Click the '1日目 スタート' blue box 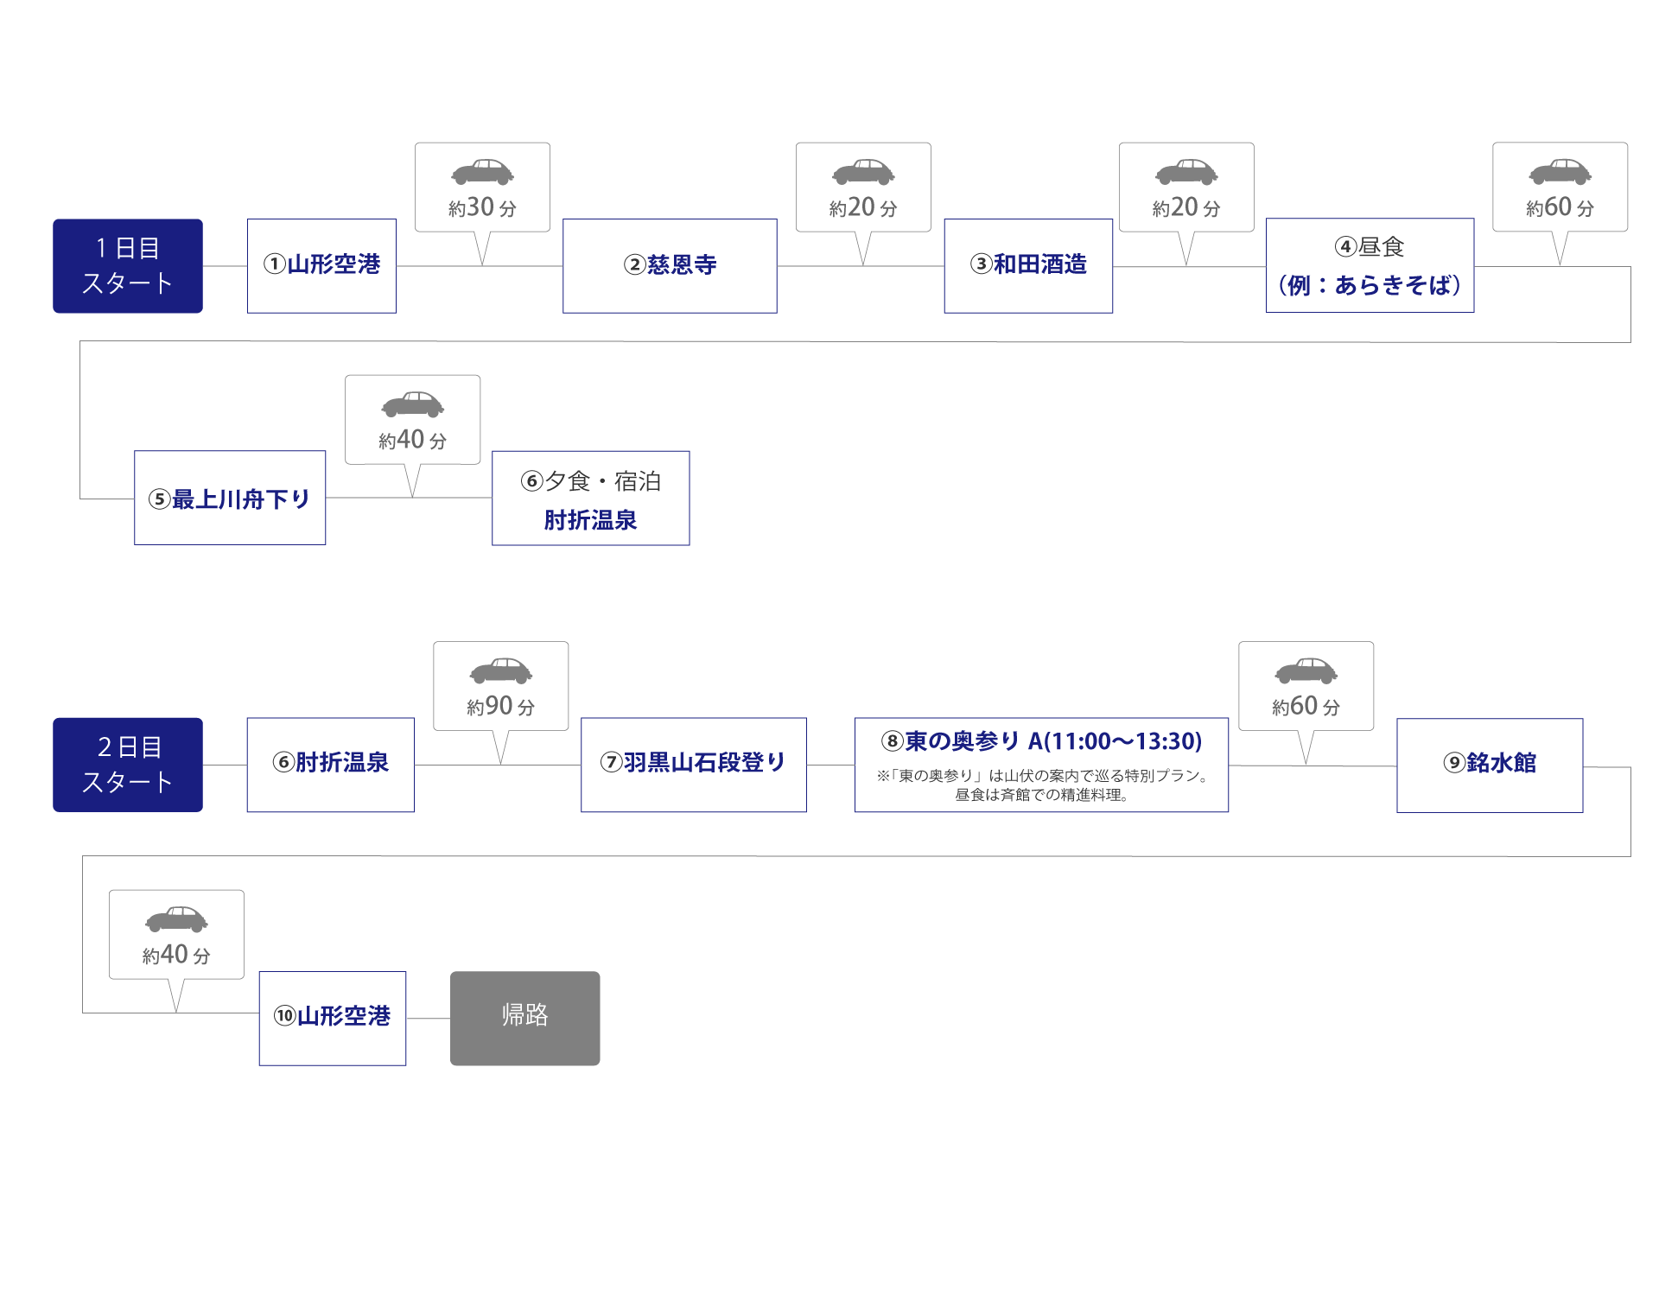[x=128, y=266]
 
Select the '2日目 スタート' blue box [x=128, y=765]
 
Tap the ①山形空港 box [x=321, y=265]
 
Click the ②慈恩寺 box [x=670, y=265]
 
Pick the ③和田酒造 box [x=1028, y=265]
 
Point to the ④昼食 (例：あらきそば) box [x=1370, y=265]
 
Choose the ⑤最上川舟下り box [x=230, y=499]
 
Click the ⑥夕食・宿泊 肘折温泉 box [x=591, y=499]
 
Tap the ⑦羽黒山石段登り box [x=693, y=764]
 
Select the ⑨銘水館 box [x=1490, y=765]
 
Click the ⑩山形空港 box [x=333, y=1017]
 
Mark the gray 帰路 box [x=525, y=1018]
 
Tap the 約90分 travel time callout [x=500, y=706]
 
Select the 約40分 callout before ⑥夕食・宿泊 [x=413, y=440]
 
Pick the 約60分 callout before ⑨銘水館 [x=1306, y=706]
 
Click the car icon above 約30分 [x=482, y=172]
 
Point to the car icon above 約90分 [x=500, y=670]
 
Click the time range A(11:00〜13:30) [x=1115, y=741]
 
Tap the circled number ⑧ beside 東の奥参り [x=892, y=741]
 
